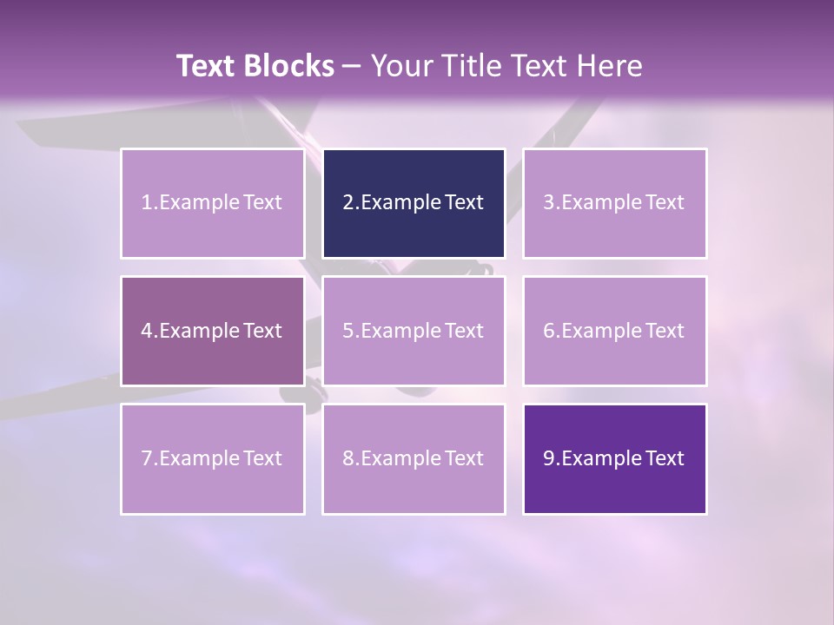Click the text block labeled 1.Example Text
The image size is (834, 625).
point(213,203)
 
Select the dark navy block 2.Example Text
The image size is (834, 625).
point(414,203)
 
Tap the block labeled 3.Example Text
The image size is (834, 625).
point(614,203)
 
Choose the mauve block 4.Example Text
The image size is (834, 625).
point(213,331)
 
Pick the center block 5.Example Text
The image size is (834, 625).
point(414,331)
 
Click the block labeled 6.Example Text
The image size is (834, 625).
point(614,331)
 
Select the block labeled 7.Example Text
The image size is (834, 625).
point(213,458)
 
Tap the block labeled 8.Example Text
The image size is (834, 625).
point(414,458)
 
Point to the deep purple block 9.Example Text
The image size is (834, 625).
point(614,458)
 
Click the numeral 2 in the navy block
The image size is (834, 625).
point(347,203)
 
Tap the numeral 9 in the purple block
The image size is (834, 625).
point(548,458)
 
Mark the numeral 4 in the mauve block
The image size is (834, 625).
point(147,331)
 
